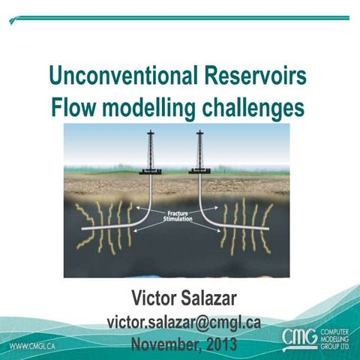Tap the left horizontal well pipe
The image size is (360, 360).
click(x=112, y=226)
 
